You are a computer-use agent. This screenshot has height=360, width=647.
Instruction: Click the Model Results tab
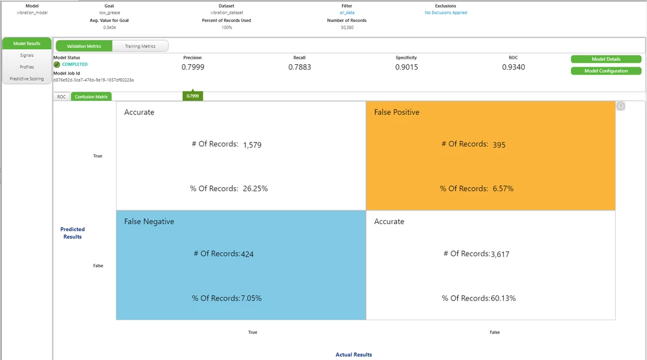click(27, 43)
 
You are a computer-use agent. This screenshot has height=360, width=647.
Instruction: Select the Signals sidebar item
click(27, 55)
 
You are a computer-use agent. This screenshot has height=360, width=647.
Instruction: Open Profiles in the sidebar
click(27, 67)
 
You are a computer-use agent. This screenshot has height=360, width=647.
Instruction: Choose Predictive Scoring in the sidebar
click(27, 78)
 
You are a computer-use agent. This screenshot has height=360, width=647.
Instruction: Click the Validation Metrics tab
click(84, 46)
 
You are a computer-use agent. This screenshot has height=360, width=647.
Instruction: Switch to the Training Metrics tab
click(140, 46)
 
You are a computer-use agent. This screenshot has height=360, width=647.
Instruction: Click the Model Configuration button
click(606, 71)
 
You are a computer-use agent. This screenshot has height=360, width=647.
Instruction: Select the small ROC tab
click(62, 96)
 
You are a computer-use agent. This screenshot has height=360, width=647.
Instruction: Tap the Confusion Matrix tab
click(91, 96)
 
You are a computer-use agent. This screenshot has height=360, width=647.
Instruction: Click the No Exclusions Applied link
click(446, 12)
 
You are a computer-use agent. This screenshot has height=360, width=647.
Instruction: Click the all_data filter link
click(347, 12)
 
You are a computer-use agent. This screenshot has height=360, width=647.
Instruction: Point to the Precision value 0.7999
click(193, 67)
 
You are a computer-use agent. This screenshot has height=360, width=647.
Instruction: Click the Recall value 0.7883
click(299, 67)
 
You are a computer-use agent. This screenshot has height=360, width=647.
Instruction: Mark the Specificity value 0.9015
click(406, 67)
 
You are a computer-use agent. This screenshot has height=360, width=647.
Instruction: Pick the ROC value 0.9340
click(513, 67)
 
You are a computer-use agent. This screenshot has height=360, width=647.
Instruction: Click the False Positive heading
click(396, 112)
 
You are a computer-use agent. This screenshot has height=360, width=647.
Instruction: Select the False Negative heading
click(149, 221)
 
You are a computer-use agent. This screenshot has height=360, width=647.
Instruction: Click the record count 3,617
click(500, 254)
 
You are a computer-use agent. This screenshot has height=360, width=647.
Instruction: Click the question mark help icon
click(620, 106)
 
